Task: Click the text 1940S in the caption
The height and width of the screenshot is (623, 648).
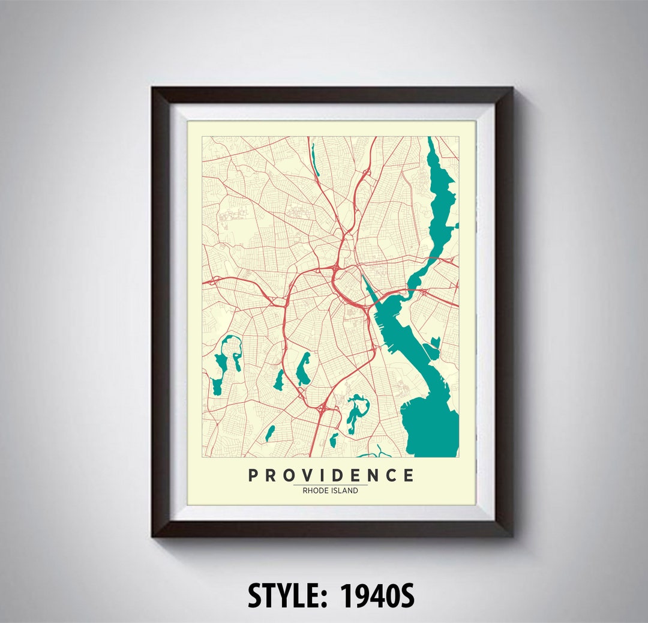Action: [377, 595]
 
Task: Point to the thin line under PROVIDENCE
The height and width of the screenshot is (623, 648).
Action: [330, 484]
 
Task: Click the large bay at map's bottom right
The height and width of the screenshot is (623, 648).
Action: [429, 420]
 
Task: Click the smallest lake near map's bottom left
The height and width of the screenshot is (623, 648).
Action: [270, 433]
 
